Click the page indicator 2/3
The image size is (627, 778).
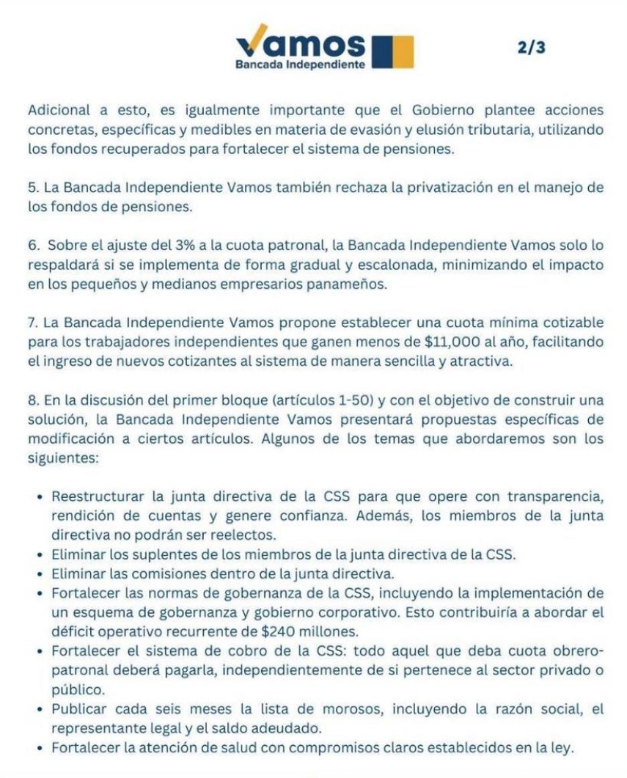(x=531, y=48)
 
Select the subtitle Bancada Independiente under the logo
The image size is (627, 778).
(x=300, y=65)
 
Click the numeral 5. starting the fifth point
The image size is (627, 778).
(x=33, y=188)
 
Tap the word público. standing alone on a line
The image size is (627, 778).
(x=77, y=689)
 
